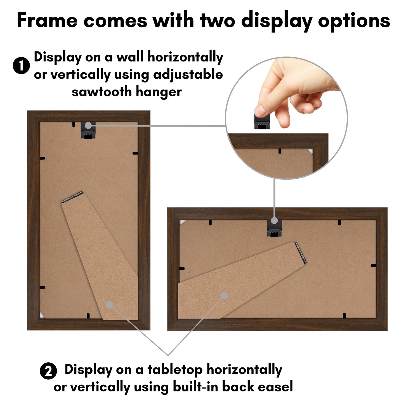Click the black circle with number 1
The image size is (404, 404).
click(21, 66)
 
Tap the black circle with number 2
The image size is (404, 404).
click(48, 371)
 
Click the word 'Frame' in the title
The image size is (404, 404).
click(47, 20)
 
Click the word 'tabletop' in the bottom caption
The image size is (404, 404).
click(175, 369)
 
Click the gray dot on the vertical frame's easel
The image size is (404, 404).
click(110, 304)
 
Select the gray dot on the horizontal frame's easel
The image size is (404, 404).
click(224, 296)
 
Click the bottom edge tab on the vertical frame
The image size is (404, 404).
click(88, 316)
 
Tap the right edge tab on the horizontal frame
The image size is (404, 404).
click(373, 265)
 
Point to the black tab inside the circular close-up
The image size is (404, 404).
click(280, 151)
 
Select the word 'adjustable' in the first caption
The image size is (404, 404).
click(188, 75)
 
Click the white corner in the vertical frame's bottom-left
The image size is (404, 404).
click(42, 315)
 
